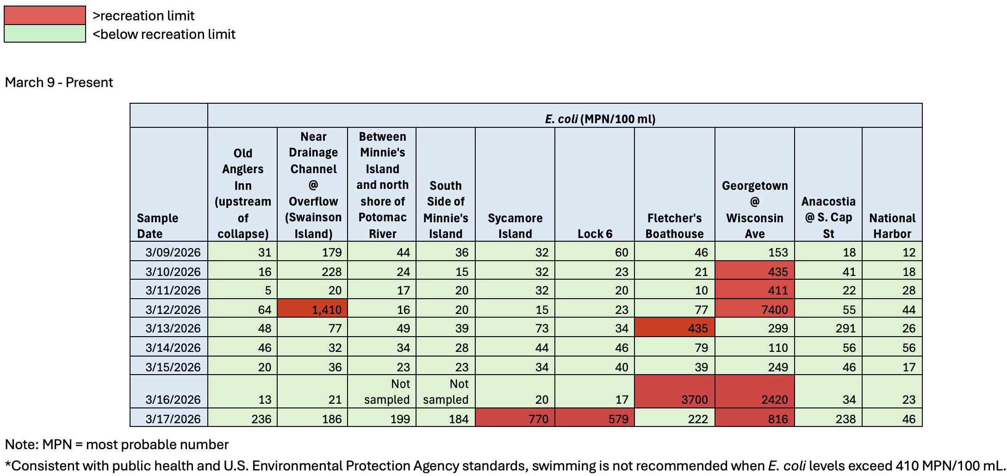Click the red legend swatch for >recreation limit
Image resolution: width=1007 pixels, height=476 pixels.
pyautogui.click(x=44, y=15)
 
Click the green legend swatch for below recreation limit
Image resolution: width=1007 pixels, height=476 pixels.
pyautogui.click(x=44, y=34)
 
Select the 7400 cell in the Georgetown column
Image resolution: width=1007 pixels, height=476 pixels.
pyautogui.click(x=754, y=309)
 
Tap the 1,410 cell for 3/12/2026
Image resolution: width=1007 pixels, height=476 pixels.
pyautogui.click(x=312, y=309)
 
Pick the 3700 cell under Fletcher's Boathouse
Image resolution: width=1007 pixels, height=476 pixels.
pyautogui.click(x=674, y=392)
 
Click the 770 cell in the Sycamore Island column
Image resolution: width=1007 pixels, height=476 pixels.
pyautogui.click(x=515, y=418)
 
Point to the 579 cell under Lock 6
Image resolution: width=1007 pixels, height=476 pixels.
pyautogui.click(x=594, y=418)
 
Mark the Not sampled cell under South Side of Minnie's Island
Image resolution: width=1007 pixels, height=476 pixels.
pyautogui.click(x=445, y=392)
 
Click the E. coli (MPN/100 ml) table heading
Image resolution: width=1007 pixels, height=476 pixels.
pyautogui.click(x=600, y=119)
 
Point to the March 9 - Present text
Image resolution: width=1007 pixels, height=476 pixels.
pyautogui.click(x=59, y=82)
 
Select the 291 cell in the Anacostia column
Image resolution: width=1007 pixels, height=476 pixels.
pyautogui.click(x=828, y=328)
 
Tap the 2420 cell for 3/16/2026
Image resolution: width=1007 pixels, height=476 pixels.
pyautogui.click(x=754, y=392)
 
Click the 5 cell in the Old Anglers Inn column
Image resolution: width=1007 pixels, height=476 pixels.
pyautogui.click(x=242, y=290)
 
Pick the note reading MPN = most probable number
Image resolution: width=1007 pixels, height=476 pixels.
pyautogui.click(x=117, y=445)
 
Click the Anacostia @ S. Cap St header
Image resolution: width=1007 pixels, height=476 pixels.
pyautogui.click(x=828, y=217)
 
